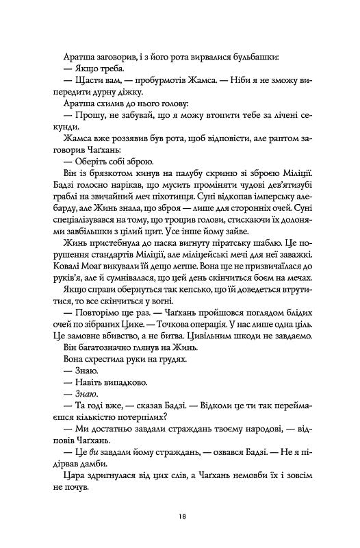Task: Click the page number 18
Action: (180, 515)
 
